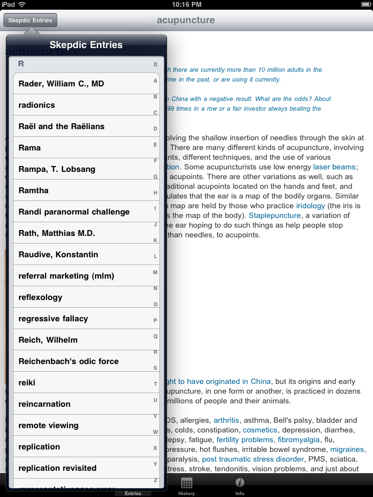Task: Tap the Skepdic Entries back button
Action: point(30,20)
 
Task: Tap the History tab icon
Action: point(186,483)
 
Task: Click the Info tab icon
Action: point(239,483)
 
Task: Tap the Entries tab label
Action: point(133,493)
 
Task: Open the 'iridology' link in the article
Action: point(310,206)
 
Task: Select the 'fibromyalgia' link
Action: point(299,440)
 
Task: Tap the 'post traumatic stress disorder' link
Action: point(253,459)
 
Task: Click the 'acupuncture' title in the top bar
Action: point(186,20)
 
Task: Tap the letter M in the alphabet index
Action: point(155,272)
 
